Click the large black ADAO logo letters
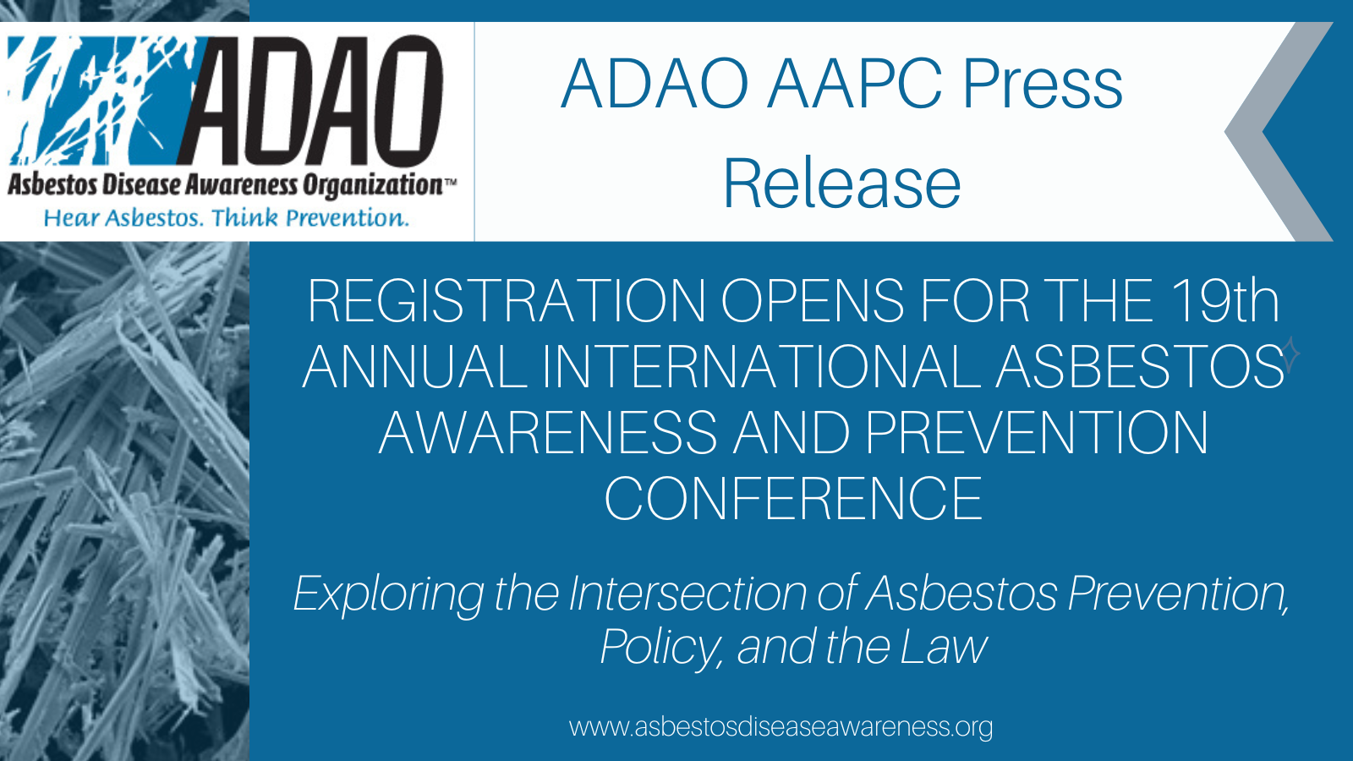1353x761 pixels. point(311,101)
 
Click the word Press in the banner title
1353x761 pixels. point(1043,84)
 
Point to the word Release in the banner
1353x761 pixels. point(842,183)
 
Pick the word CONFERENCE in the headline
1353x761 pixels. point(793,498)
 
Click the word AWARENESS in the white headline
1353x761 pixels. point(549,432)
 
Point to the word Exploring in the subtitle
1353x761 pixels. point(389,595)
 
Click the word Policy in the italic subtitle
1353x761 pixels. point(660,649)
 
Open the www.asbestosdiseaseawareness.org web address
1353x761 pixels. point(781,726)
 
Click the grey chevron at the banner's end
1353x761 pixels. point(1279,132)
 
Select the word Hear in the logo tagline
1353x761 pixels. point(72,218)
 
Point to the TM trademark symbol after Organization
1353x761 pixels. point(451,180)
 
